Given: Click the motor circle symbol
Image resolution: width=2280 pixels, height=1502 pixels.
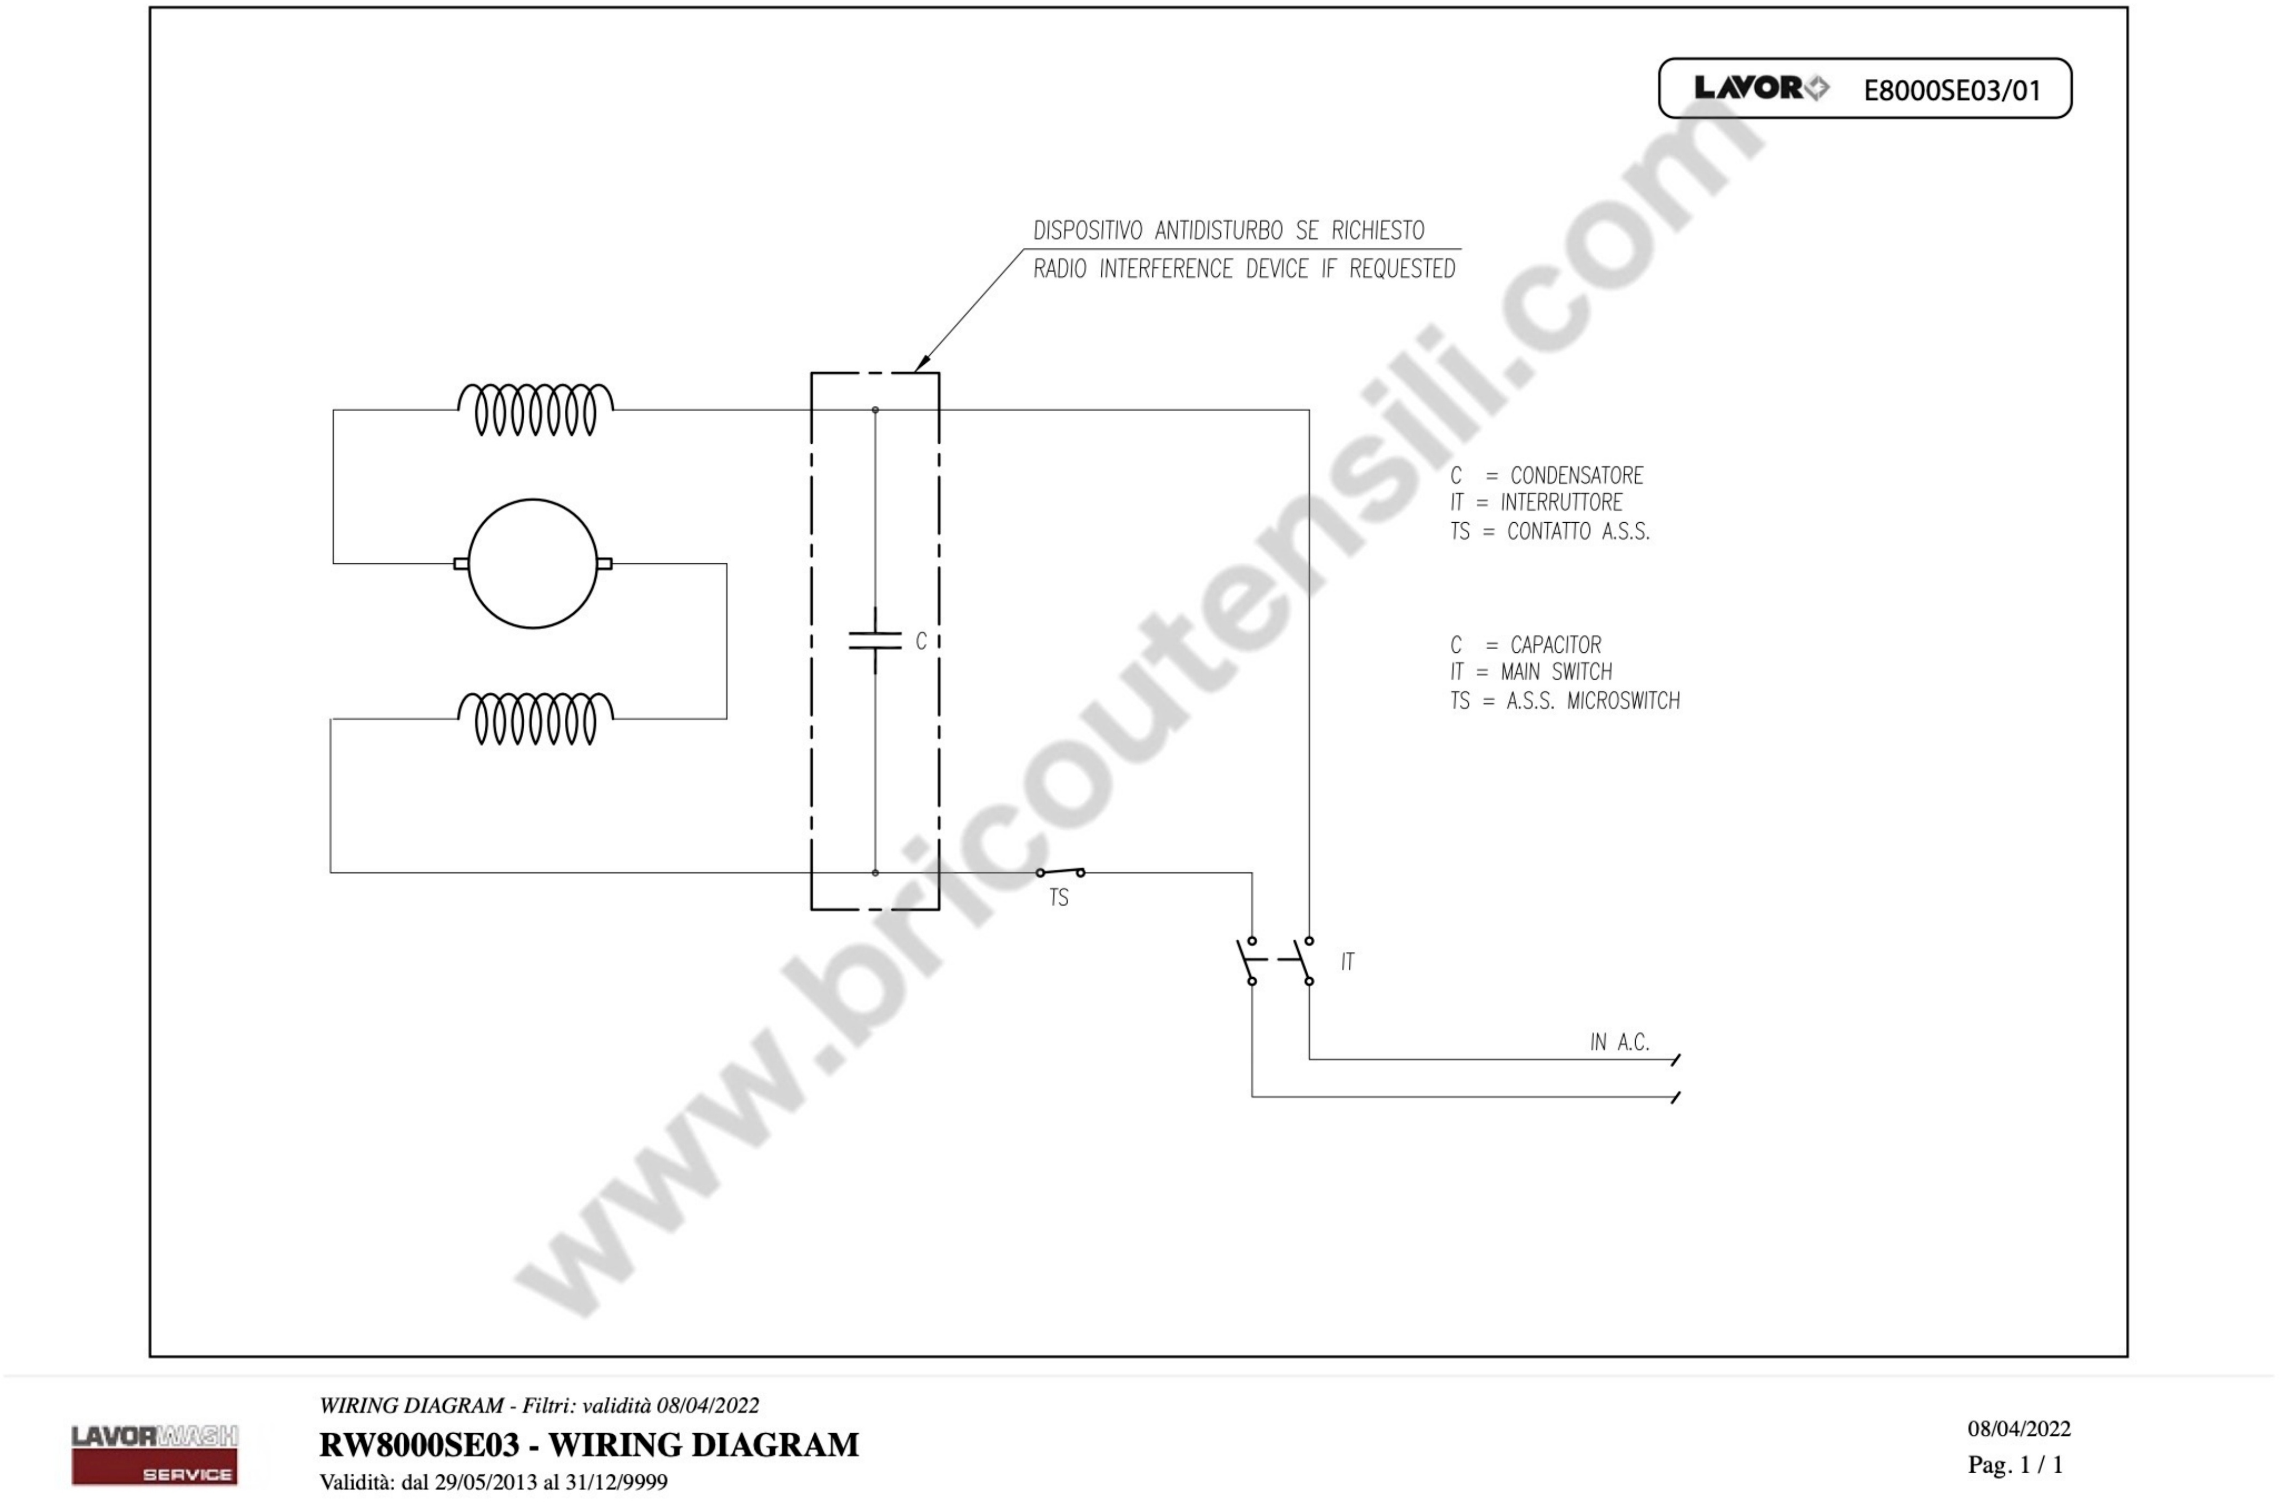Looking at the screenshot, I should (x=533, y=563).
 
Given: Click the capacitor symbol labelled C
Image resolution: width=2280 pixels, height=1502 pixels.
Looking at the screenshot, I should (x=875, y=641).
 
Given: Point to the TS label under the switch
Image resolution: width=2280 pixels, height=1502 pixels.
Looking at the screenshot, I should (x=1059, y=898).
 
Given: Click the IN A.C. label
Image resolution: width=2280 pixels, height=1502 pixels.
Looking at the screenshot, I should (x=1619, y=1042).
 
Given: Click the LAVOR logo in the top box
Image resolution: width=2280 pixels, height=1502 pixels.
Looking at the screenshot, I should (x=1761, y=88).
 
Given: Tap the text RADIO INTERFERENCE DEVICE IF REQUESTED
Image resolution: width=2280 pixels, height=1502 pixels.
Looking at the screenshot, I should (x=1243, y=269).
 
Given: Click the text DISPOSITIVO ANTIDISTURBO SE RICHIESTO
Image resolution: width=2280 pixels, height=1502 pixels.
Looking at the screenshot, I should (x=1228, y=231).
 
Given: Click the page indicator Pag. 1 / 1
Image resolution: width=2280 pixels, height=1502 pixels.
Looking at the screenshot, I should (x=2014, y=1465).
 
